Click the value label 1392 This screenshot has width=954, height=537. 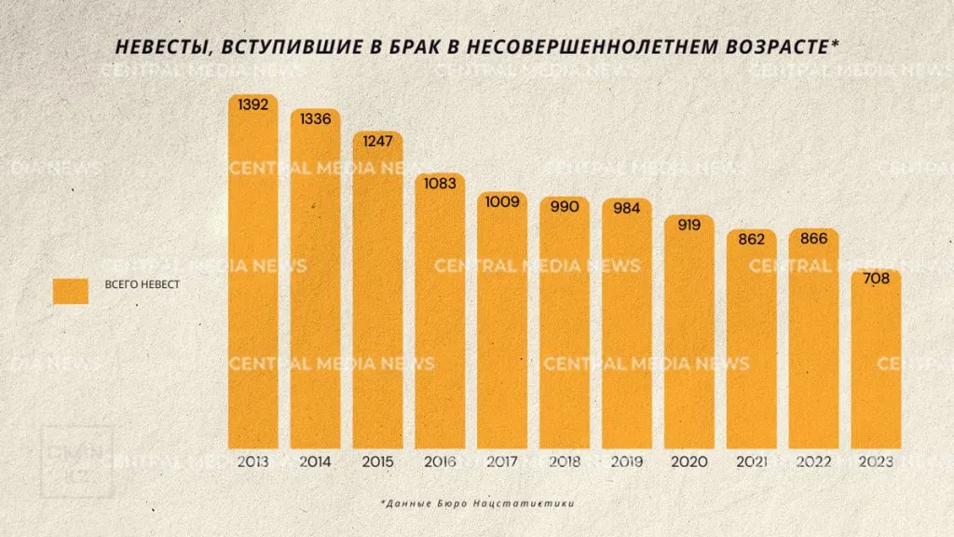click(x=252, y=105)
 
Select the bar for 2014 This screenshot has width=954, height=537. click(x=315, y=280)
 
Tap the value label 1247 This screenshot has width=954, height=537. click(x=377, y=142)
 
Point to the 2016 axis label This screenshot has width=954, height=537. click(x=440, y=461)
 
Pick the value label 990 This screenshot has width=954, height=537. click(x=565, y=206)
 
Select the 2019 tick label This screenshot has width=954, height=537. click(x=627, y=461)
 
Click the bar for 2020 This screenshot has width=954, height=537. click(x=689, y=336)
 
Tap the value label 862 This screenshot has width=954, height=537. click(x=751, y=240)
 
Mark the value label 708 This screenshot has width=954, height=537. click(x=876, y=279)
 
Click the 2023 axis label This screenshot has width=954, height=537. click(x=876, y=461)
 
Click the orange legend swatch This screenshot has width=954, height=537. click(x=71, y=291)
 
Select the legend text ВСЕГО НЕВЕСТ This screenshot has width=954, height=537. click(x=142, y=285)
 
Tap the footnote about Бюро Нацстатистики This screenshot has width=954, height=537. click(x=476, y=503)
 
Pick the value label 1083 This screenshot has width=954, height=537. click(x=440, y=184)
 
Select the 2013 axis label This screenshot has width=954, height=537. click(x=252, y=461)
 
